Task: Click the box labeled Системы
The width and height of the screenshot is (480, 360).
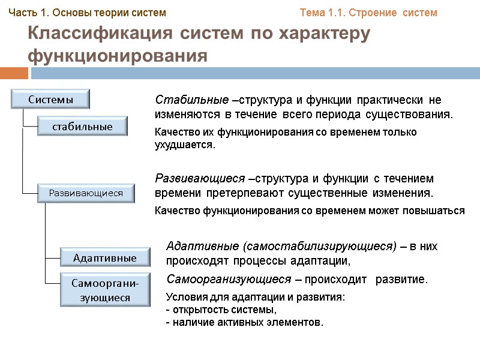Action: coord(51,99)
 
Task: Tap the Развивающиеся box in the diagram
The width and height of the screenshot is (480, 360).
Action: coord(85,193)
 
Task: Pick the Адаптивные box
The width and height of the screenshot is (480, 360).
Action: coord(105,257)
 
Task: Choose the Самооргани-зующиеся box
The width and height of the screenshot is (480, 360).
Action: coord(105,289)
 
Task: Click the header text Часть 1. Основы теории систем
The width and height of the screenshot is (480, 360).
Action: coord(87,12)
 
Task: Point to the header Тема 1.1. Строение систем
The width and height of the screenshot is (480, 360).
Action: coord(368,12)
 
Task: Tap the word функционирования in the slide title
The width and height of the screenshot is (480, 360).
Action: coord(118,56)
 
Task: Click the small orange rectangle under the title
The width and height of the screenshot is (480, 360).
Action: coord(14,73)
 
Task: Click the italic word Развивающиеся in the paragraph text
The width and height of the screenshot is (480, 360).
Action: coord(200,179)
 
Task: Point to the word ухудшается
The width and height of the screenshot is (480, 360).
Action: coord(184,145)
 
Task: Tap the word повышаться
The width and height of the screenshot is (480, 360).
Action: coord(437,211)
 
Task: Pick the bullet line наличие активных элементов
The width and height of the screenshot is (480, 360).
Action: coord(245,322)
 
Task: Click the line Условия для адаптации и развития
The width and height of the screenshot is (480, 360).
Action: coord(255,298)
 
